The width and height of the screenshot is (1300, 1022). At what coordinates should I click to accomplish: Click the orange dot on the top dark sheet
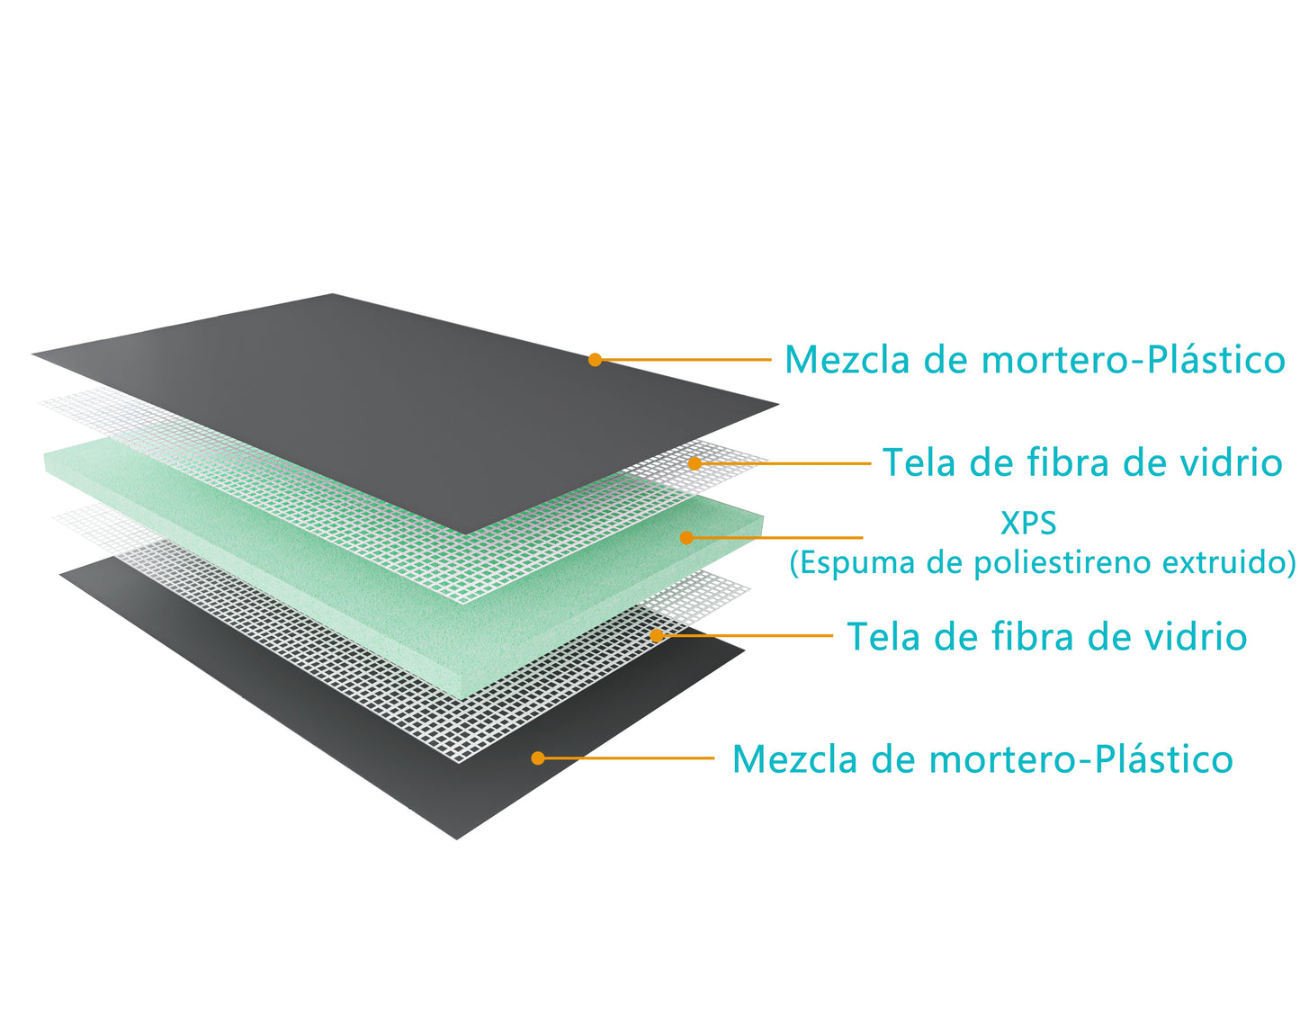[595, 360]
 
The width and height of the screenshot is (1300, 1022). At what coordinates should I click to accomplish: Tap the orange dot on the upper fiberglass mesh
[695, 463]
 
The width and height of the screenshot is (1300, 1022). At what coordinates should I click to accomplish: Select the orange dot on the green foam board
[686, 538]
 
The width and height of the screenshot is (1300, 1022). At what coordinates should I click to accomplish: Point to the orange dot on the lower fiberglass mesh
[657, 635]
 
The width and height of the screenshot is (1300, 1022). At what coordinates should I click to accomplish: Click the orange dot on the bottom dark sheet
[538, 758]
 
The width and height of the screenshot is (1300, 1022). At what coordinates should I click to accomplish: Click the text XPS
[1028, 523]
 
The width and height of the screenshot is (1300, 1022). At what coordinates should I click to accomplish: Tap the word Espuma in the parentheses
[847, 563]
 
